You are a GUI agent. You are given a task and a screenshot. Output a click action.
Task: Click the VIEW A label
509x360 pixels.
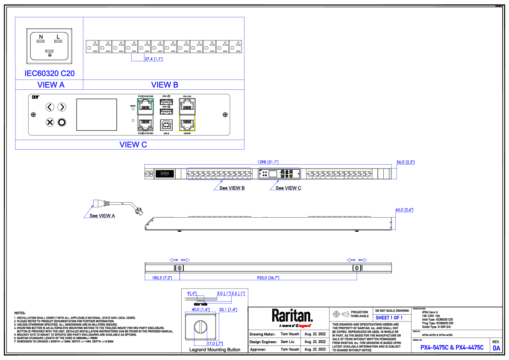tap(51, 85)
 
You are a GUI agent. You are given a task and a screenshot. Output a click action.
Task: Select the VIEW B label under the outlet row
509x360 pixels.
tap(165, 85)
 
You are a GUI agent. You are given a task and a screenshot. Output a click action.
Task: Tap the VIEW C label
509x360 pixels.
tap(133, 145)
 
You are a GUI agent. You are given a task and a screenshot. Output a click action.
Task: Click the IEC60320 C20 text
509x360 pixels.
tap(50, 74)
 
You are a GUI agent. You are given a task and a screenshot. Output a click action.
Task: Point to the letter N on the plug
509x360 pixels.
tap(41, 38)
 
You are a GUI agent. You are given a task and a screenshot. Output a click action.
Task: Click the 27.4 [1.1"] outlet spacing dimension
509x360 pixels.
tap(153, 59)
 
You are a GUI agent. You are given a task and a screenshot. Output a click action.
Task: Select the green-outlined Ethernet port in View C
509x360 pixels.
tap(145, 105)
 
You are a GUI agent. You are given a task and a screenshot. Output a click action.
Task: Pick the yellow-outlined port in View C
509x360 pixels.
tap(187, 123)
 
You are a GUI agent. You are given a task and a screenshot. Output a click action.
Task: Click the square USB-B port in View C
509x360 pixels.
tap(166, 124)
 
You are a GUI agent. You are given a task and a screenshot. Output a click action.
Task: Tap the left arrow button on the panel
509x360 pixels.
tap(50, 107)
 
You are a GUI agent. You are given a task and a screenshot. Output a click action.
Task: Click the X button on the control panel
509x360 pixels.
tap(50, 123)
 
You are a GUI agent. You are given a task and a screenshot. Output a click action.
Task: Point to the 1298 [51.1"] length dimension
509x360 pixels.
tap(268, 162)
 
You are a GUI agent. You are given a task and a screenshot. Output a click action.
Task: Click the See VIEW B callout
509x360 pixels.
tap(232, 188)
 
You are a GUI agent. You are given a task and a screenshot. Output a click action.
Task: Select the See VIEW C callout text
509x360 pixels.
tap(288, 188)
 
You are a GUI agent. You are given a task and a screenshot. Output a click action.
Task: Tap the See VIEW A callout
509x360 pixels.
tap(102, 215)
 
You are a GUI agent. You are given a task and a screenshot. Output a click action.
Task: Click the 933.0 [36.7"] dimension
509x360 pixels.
tap(268, 278)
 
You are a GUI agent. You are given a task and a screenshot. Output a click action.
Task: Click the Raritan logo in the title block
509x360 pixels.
tap(292, 316)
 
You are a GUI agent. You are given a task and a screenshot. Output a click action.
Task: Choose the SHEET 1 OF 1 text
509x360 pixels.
tap(389, 318)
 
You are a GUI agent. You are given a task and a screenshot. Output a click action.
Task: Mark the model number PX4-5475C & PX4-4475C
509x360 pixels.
tap(452, 348)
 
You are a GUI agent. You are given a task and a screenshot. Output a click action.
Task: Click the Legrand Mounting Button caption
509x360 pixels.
tap(215, 350)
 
